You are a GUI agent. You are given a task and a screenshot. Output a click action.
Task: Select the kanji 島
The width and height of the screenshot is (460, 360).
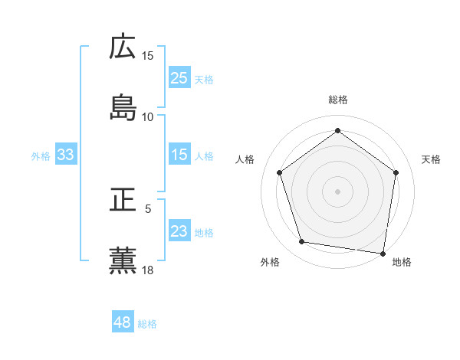pyautogui.click(x=123, y=106)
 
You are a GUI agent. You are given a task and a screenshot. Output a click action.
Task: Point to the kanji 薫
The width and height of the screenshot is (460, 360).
pyautogui.click(x=123, y=261)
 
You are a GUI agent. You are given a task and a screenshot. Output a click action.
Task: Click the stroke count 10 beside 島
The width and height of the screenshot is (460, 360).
pyautogui.click(x=148, y=116)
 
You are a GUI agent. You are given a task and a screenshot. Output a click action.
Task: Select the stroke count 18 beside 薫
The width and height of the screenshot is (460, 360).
pyautogui.click(x=148, y=270)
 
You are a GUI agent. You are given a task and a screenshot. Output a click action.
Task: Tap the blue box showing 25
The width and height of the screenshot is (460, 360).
pyautogui.click(x=179, y=77)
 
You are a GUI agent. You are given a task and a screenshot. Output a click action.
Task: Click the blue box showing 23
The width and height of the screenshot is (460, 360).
pyautogui.click(x=179, y=231)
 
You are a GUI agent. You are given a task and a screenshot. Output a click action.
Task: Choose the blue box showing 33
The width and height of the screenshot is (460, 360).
pyautogui.click(x=66, y=155)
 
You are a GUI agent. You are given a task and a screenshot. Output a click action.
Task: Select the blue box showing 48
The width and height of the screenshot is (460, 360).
pyautogui.click(x=123, y=322)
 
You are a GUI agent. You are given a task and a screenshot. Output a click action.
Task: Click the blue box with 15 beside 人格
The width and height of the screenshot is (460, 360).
pyautogui.click(x=179, y=155)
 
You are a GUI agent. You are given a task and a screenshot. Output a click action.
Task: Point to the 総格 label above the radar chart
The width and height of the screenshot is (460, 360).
pyautogui.click(x=338, y=100)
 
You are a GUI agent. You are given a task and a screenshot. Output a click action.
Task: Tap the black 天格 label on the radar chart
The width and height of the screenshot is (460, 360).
pyautogui.click(x=432, y=159)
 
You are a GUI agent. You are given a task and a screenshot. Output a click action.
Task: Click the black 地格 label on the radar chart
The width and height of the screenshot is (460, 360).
pyautogui.click(x=402, y=262)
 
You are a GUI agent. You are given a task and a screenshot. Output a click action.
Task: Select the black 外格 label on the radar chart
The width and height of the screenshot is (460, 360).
pyautogui.click(x=270, y=262)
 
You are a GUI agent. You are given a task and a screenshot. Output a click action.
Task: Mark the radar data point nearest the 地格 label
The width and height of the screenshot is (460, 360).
pyautogui.click(x=383, y=253)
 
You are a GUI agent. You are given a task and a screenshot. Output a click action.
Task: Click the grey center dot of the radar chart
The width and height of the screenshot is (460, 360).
pyautogui.click(x=337, y=191)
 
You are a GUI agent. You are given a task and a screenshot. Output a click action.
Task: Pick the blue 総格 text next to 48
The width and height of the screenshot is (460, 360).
pyautogui.click(x=147, y=324)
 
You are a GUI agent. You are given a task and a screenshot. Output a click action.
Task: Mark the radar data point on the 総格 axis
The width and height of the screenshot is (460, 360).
pyautogui.click(x=337, y=130)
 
